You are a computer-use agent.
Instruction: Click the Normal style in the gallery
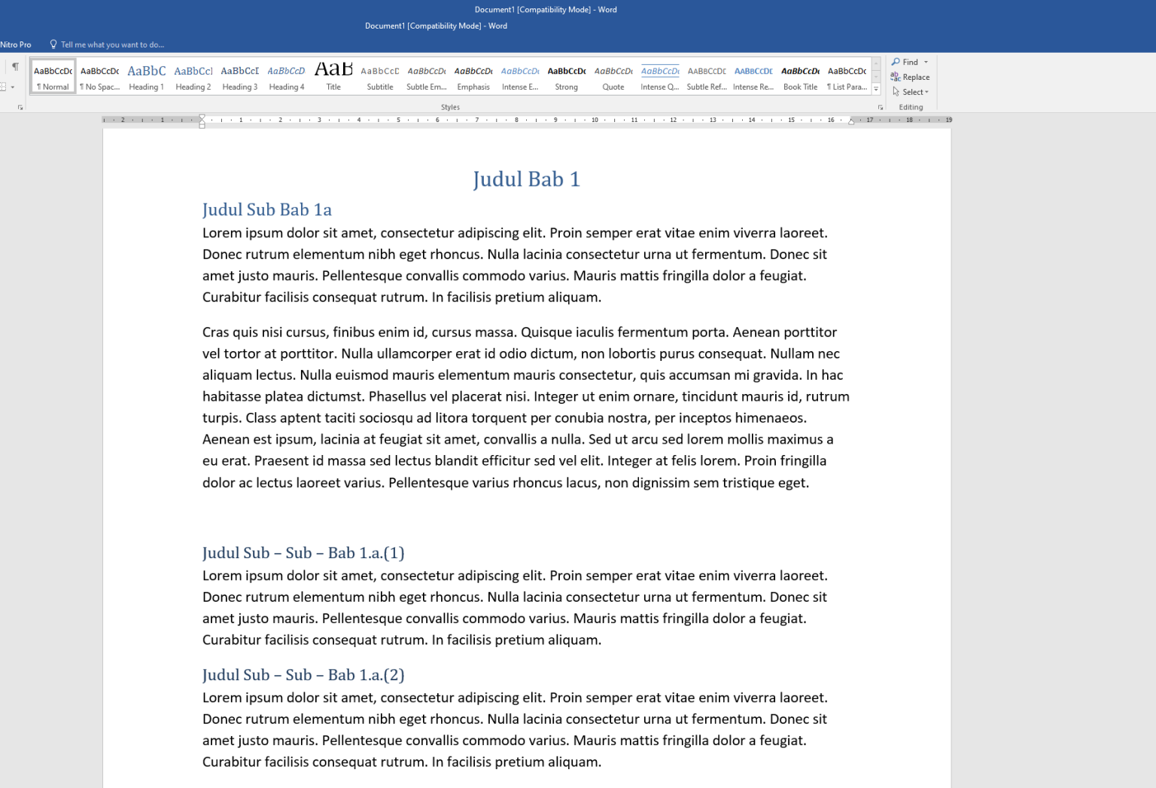(53, 77)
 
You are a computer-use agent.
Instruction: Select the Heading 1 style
(146, 77)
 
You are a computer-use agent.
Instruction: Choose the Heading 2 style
(193, 77)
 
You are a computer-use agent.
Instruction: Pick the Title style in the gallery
(333, 77)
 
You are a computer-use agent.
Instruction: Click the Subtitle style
(380, 77)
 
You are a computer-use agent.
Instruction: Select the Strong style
(567, 77)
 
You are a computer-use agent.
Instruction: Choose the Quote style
(613, 77)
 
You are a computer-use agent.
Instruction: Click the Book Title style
(800, 77)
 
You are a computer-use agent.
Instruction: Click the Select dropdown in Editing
(911, 92)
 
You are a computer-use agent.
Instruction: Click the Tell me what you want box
(112, 44)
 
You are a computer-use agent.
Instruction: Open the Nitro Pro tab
(16, 44)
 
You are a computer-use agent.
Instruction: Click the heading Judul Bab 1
(526, 179)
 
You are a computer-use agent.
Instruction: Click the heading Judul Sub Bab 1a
(266, 209)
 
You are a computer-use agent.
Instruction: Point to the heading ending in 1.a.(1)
(303, 553)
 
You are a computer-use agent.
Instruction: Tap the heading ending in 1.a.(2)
(303, 675)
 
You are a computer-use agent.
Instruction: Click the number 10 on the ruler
(595, 120)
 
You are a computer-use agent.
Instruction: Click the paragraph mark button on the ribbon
(15, 66)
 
